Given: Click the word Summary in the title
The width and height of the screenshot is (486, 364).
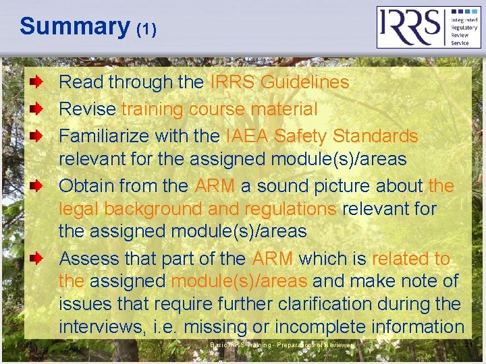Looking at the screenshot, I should click(74, 26).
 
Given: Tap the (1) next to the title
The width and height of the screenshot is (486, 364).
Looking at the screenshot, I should click(146, 30).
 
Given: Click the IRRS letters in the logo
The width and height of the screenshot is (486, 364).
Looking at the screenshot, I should click(409, 27).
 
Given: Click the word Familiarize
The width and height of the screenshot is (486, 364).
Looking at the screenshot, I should click(104, 135).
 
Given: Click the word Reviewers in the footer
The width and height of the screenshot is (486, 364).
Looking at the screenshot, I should click(338, 345).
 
